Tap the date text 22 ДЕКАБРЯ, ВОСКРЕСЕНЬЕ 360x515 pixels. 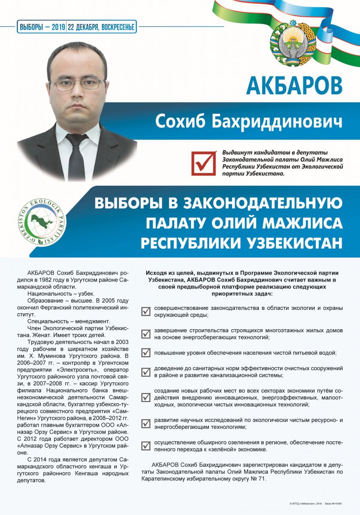coord(101,27)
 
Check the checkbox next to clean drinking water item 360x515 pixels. coord(146,353)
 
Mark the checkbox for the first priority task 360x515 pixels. coord(146,311)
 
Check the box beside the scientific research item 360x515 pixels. coord(146,423)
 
